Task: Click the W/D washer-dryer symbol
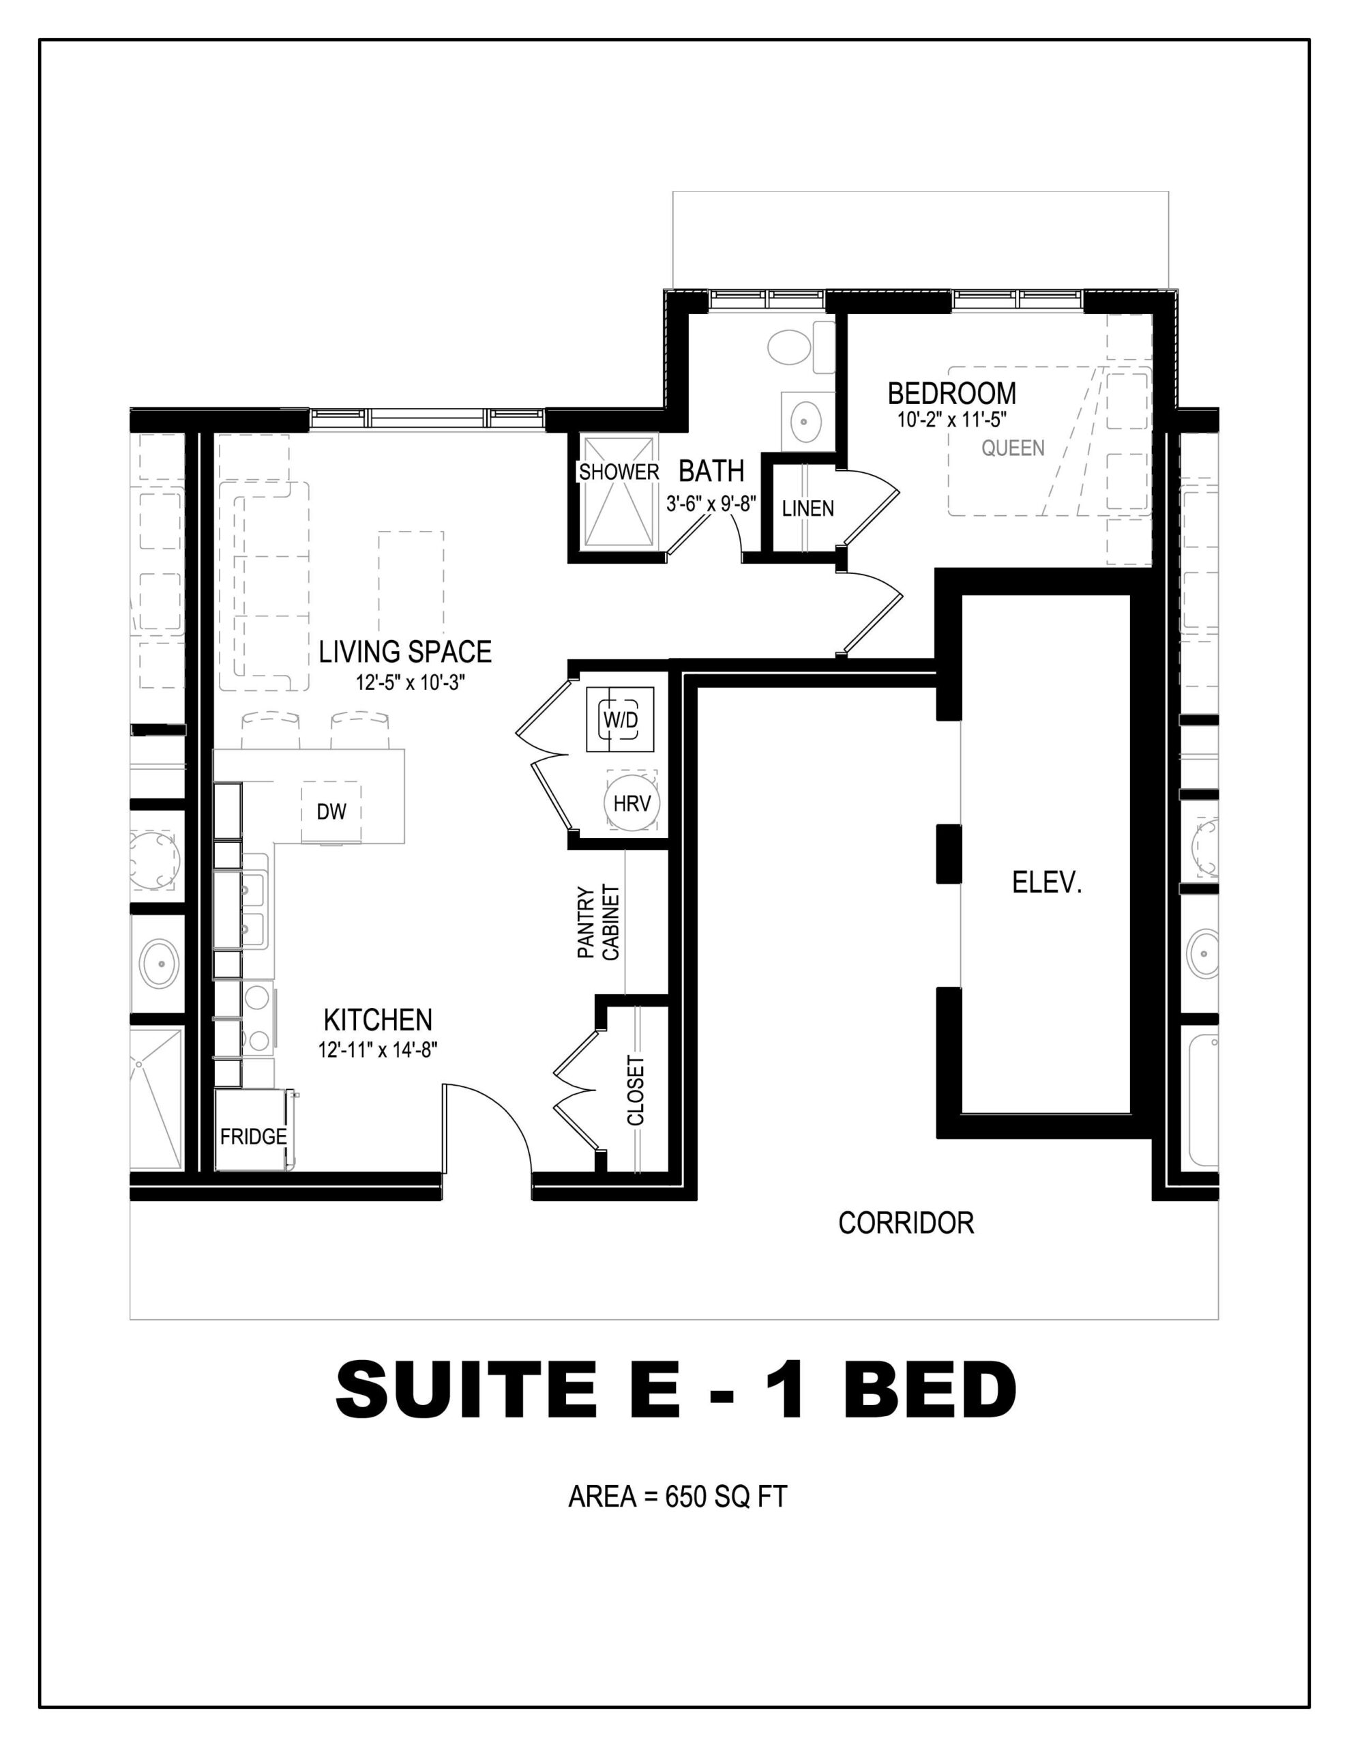(x=620, y=719)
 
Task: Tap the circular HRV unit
(x=632, y=803)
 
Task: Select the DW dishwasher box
(x=331, y=812)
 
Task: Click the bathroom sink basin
(x=807, y=418)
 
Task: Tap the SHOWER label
(x=619, y=472)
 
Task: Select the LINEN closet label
(x=807, y=508)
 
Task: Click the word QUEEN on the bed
(x=1012, y=448)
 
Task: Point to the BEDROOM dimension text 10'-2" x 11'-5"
(x=951, y=419)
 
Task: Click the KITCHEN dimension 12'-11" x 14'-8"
(x=377, y=1050)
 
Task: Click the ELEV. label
(x=1047, y=882)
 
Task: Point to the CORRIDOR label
(x=906, y=1222)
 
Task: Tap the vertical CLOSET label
(x=636, y=1091)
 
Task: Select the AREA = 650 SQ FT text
(x=677, y=1496)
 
